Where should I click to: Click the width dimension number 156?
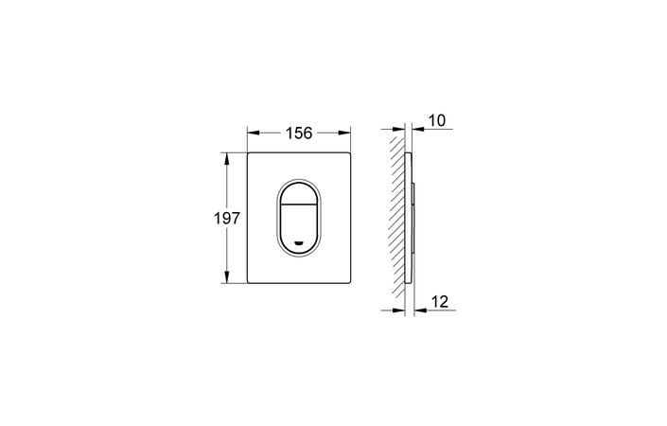click(x=299, y=133)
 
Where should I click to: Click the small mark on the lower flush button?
click(x=300, y=241)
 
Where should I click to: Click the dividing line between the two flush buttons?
click(x=300, y=207)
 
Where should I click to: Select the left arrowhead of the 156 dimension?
click(x=253, y=133)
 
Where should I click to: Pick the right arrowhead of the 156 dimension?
click(x=345, y=133)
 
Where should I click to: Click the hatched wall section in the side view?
click(x=396, y=217)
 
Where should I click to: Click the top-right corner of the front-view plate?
click(x=350, y=151)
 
